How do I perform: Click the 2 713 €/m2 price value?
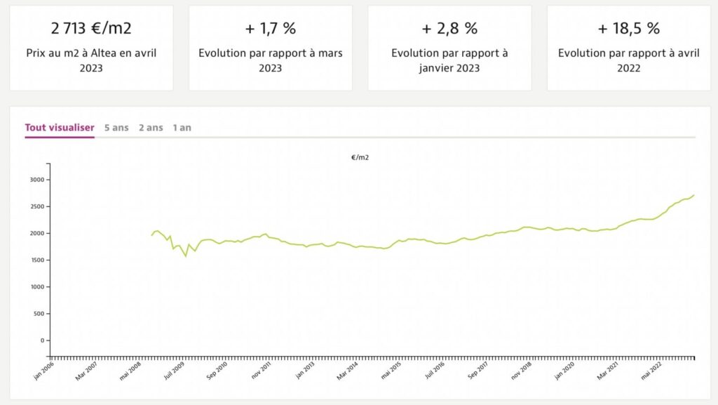[91, 29]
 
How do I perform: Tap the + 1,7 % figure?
[270, 29]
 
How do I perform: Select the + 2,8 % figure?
[449, 29]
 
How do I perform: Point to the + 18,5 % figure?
[629, 29]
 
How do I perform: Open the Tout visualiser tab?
[60, 128]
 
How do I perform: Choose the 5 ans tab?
[116, 128]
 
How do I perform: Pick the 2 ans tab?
[151, 128]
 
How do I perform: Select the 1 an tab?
[182, 128]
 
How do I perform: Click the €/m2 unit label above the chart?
[360, 157]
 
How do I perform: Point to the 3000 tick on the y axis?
[37, 180]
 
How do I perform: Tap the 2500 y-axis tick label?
[37, 206]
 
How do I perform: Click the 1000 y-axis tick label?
[37, 287]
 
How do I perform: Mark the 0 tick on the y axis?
[43, 340]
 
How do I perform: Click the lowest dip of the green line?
[186, 256]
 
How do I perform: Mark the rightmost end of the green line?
[694, 194]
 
